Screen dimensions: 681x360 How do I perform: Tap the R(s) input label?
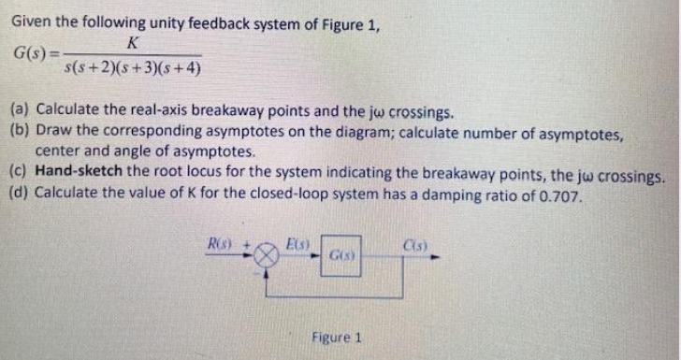click(x=220, y=244)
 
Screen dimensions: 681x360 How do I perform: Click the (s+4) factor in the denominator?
click(x=183, y=68)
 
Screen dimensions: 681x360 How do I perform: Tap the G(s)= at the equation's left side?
click(x=32, y=54)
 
